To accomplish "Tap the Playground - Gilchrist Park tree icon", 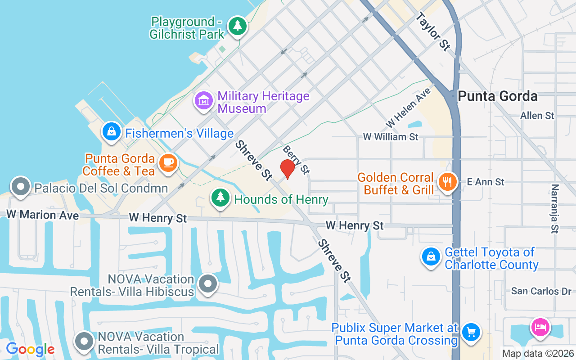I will [237, 26].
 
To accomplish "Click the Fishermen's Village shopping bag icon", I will [111, 132].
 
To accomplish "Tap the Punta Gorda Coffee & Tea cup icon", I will [168, 162].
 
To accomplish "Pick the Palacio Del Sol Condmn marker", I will [20, 187].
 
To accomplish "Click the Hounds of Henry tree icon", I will [220, 198].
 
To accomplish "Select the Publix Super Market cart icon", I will [471, 333].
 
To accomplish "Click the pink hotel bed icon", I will [540, 326].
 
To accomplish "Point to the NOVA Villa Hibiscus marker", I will [208, 283].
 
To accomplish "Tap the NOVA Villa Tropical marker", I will [84, 342].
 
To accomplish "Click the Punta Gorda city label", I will [497, 96].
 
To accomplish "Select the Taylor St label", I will [433, 31].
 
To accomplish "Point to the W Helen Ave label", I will [408, 108].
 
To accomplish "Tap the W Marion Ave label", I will [42, 215].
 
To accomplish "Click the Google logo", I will [30, 349].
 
